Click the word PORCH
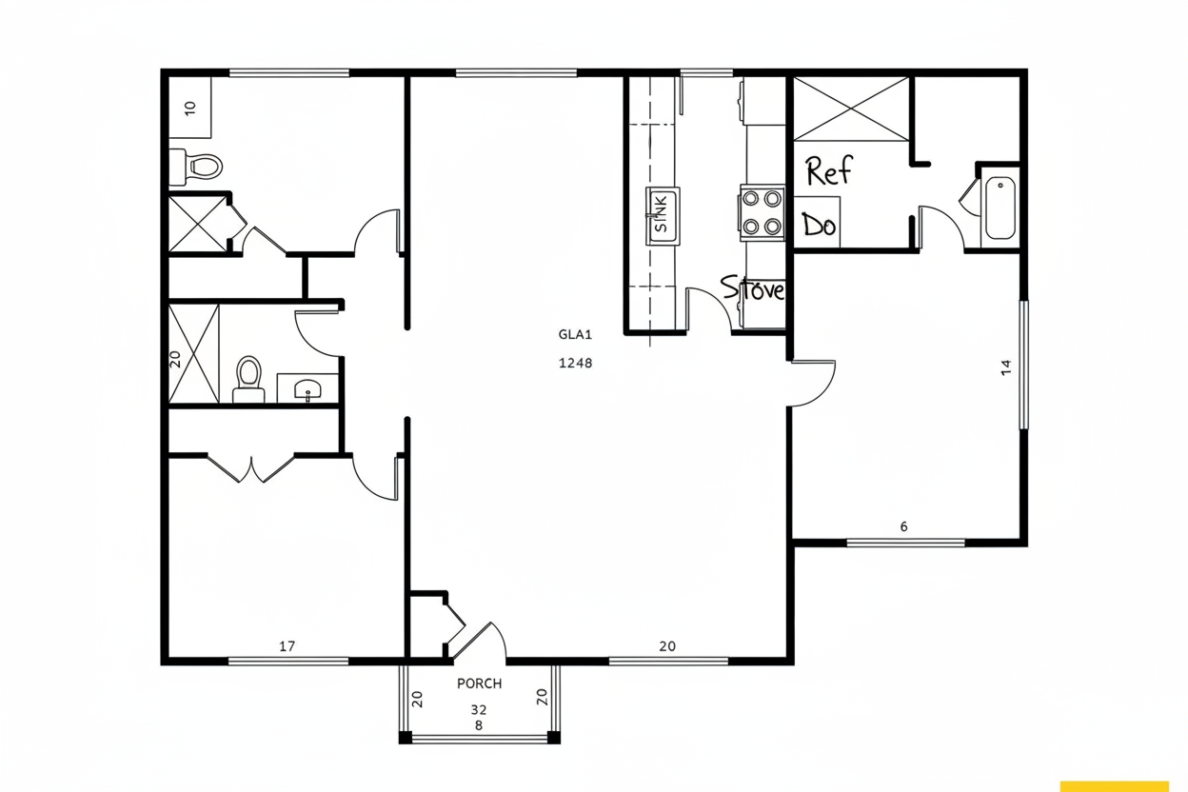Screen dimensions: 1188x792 pos(480,683)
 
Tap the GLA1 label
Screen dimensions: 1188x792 pos(575,334)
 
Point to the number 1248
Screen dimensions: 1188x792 pos(575,363)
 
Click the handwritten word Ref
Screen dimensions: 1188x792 pos(829,170)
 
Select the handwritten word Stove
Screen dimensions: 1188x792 pos(753,289)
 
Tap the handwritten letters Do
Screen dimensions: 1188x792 pos(819,225)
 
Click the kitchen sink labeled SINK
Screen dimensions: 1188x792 pos(663,216)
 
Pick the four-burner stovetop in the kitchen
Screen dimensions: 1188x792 pos(762,212)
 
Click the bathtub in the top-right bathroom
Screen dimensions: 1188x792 pos(1000,208)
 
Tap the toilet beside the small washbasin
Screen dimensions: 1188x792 pos(248,379)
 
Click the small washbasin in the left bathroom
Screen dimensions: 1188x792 pos(307,388)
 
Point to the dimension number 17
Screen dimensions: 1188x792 pos(287,646)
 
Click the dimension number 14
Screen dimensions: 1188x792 pos(1006,367)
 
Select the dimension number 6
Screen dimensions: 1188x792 pos(903,526)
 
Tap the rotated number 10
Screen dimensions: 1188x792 pos(190,109)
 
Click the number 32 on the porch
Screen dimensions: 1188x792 pos(479,709)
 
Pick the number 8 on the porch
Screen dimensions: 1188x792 pos(479,725)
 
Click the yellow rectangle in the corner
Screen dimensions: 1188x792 pos(1115,786)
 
